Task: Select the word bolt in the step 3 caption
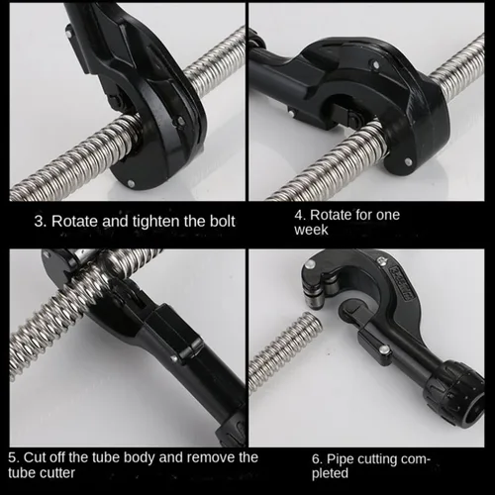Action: click(x=223, y=221)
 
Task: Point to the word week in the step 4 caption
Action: click(x=311, y=230)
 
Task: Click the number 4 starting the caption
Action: click(x=300, y=215)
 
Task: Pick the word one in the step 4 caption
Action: click(x=388, y=216)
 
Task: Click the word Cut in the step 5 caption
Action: click(x=34, y=457)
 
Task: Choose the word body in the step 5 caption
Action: click(x=142, y=458)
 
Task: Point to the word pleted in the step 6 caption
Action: click(x=330, y=473)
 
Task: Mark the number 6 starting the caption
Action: click(x=317, y=459)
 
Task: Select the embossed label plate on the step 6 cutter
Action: click(x=400, y=283)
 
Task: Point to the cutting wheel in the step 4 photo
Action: click(x=354, y=118)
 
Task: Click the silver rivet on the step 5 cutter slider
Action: click(x=174, y=357)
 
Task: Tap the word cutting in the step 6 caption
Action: click(x=377, y=460)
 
